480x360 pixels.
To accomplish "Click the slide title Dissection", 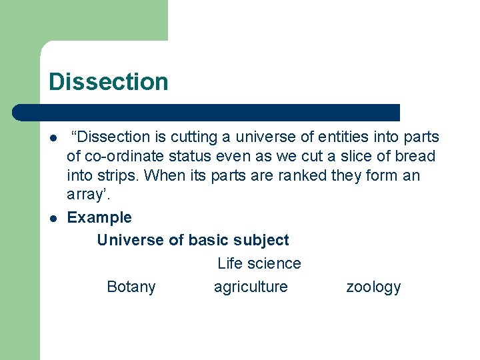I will (109, 82).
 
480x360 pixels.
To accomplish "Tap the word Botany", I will (131, 287).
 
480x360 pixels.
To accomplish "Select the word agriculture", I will (251, 287).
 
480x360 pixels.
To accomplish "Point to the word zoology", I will (373, 287).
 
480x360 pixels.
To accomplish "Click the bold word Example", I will (99, 217).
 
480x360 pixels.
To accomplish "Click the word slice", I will (337, 157).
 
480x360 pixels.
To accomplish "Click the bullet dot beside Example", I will (51, 218).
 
